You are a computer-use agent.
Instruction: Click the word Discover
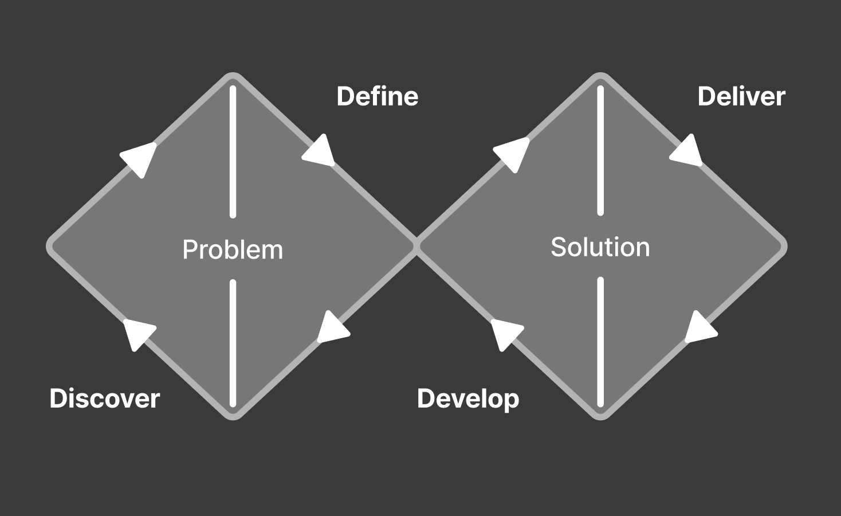[104, 398]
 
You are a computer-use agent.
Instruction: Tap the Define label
[377, 96]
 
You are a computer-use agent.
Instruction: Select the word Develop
[468, 399]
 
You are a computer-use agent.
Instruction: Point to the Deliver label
[741, 96]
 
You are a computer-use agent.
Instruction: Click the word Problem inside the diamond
[233, 250]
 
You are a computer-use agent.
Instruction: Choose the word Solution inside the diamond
[600, 247]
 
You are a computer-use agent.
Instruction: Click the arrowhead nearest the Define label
[320, 153]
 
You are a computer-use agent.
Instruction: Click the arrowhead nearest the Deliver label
[688, 153]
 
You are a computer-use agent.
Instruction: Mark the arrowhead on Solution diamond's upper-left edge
[513, 153]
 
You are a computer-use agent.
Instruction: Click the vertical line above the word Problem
[233, 152]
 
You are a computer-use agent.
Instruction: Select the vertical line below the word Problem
[233, 343]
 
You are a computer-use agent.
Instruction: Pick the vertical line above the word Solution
[600, 150]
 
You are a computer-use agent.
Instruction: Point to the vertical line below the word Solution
[600, 342]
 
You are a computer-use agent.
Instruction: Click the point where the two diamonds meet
[416, 246]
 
